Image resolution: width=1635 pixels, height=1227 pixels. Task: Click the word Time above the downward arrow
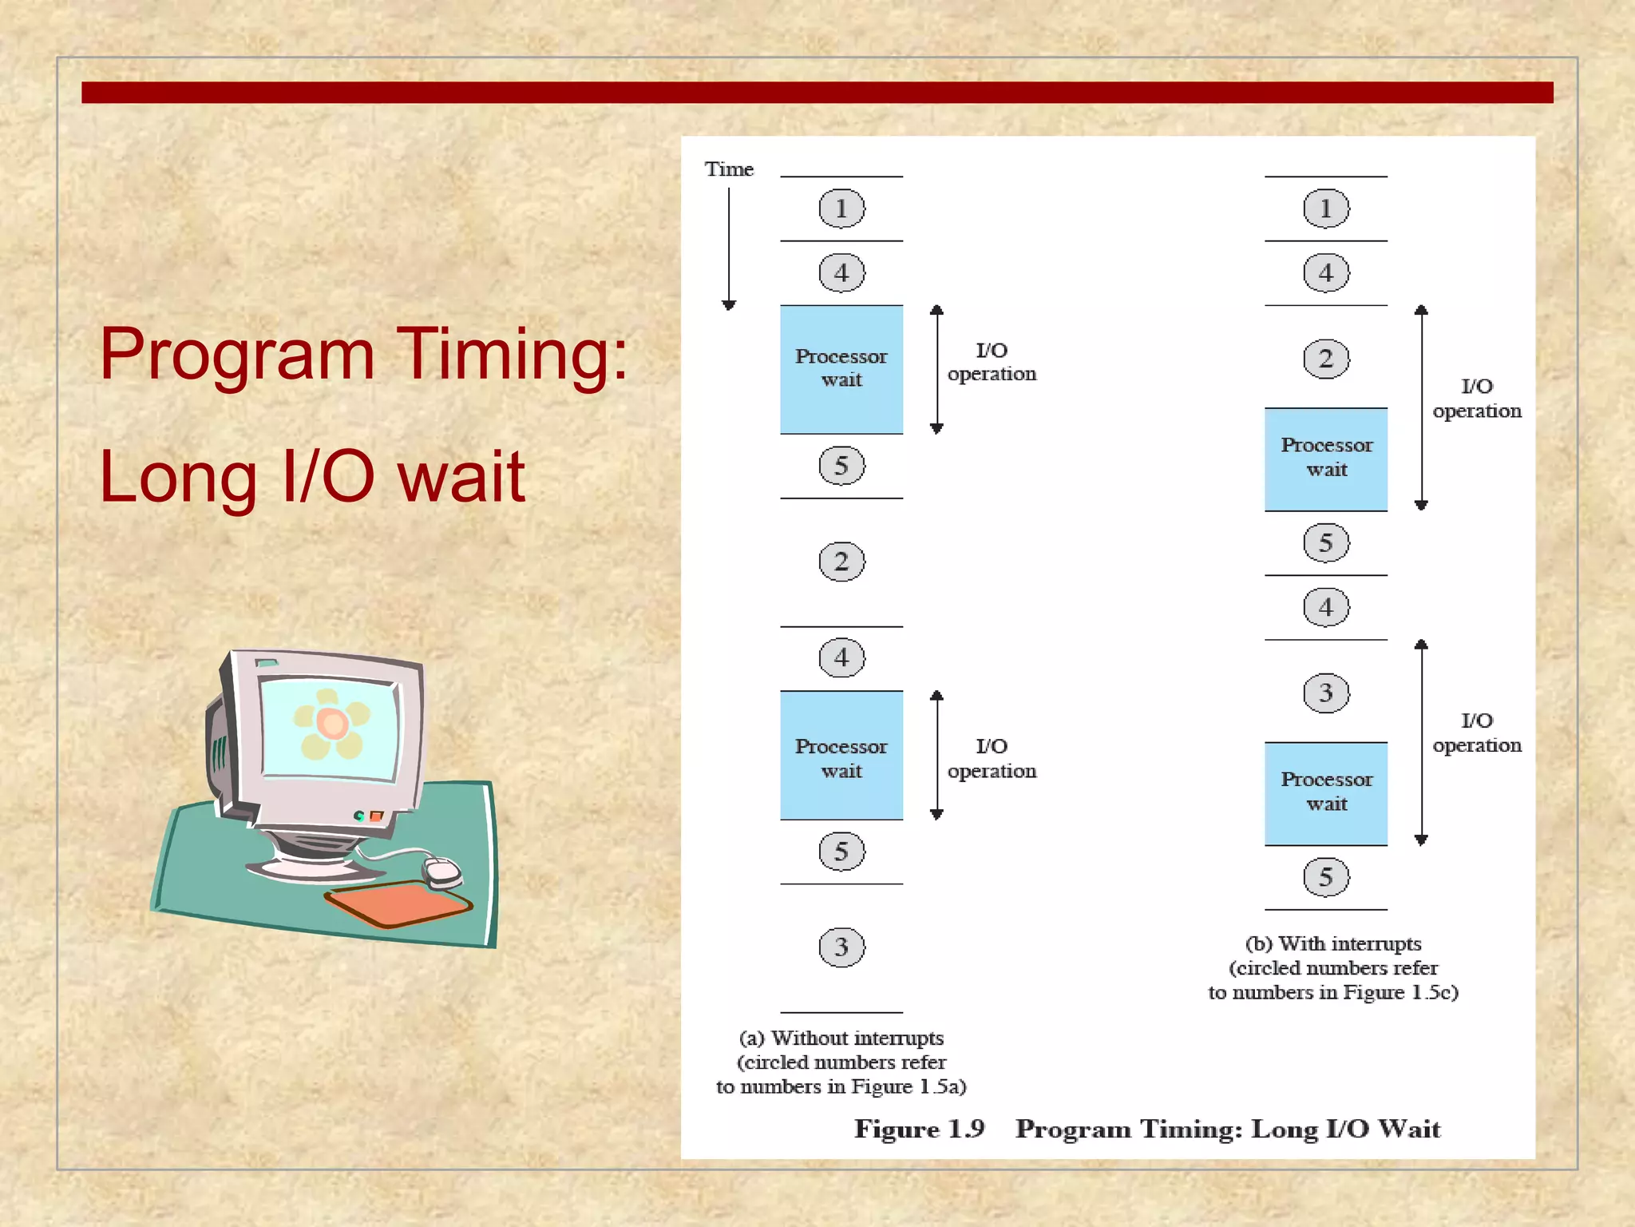pyautogui.click(x=728, y=169)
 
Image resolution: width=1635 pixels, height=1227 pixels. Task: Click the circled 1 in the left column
pyautogui.click(x=841, y=208)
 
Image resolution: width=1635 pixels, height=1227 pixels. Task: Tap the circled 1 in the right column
pyautogui.click(x=1326, y=208)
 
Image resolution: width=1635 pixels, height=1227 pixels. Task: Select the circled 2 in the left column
pyautogui.click(x=841, y=562)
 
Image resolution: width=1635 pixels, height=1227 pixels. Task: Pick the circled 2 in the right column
pyautogui.click(x=1326, y=359)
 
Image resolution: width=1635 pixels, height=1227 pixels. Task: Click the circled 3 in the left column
pyautogui.click(x=841, y=947)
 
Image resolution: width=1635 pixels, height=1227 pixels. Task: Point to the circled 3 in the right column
pyautogui.click(x=1326, y=693)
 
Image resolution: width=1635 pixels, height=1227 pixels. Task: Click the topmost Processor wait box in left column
pyautogui.click(x=841, y=369)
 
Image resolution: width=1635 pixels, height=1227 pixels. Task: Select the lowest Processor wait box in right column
pyautogui.click(x=1326, y=793)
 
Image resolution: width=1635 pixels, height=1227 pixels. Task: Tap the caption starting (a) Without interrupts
pyautogui.click(x=841, y=1062)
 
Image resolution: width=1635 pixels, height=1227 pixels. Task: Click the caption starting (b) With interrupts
pyautogui.click(x=1333, y=967)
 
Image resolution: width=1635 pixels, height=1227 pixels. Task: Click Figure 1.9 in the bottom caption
pyautogui.click(x=919, y=1129)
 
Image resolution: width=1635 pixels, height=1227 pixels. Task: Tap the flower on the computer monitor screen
pyautogui.click(x=331, y=724)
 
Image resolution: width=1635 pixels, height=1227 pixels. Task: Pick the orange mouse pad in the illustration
pyautogui.click(x=398, y=903)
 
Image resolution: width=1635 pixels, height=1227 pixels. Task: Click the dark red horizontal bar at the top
pyautogui.click(x=817, y=93)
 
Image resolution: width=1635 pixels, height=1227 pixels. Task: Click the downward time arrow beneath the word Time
pyautogui.click(x=728, y=248)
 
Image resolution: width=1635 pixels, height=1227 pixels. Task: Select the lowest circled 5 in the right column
pyautogui.click(x=1326, y=877)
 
